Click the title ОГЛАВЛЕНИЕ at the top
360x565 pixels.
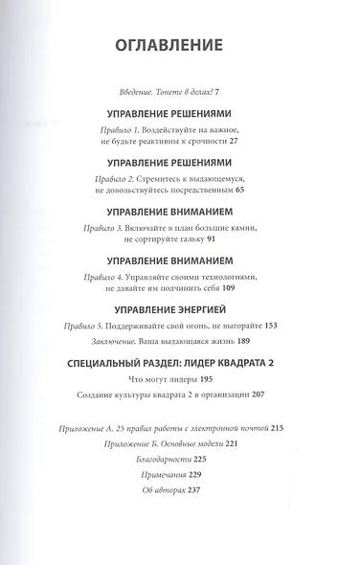[169, 45]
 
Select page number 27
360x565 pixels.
[234, 141]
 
